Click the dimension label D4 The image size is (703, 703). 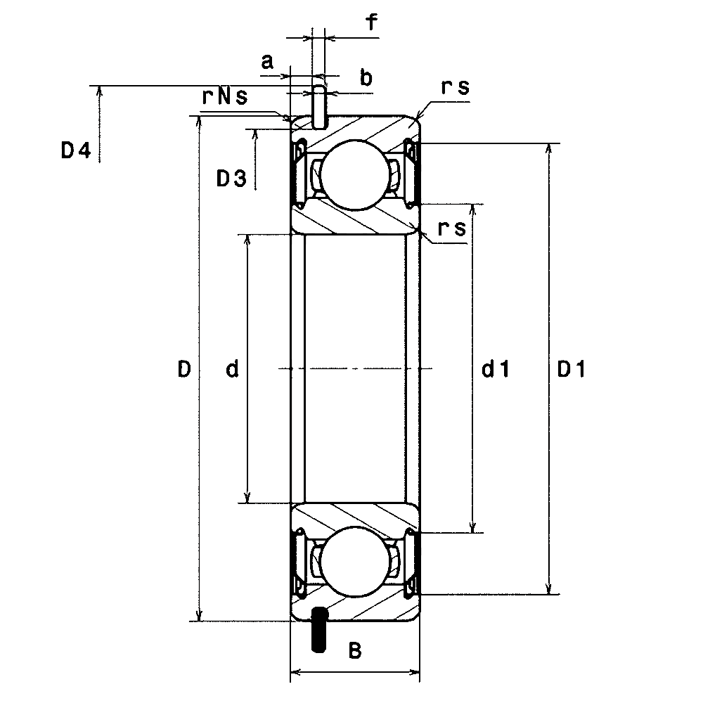(76, 150)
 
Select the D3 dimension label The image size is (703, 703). (231, 179)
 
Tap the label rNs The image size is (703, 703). (225, 96)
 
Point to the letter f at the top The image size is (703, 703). (372, 21)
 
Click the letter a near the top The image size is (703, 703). (267, 61)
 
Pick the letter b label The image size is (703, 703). (366, 77)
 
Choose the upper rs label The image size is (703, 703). (455, 87)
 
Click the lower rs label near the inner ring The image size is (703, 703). (452, 228)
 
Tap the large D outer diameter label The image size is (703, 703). (184, 370)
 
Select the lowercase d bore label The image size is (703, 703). (232, 369)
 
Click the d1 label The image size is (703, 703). (496, 369)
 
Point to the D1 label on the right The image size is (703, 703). (571, 369)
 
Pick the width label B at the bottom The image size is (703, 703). (354, 650)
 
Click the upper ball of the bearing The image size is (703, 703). (354, 174)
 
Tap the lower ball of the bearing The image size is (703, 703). (354, 562)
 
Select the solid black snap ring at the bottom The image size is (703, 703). (318, 629)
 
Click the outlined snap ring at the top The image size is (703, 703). (319, 107)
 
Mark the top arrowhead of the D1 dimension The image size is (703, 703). (548, 150)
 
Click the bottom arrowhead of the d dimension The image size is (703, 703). (247, 497)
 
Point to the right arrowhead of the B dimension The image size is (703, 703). (414, 672)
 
